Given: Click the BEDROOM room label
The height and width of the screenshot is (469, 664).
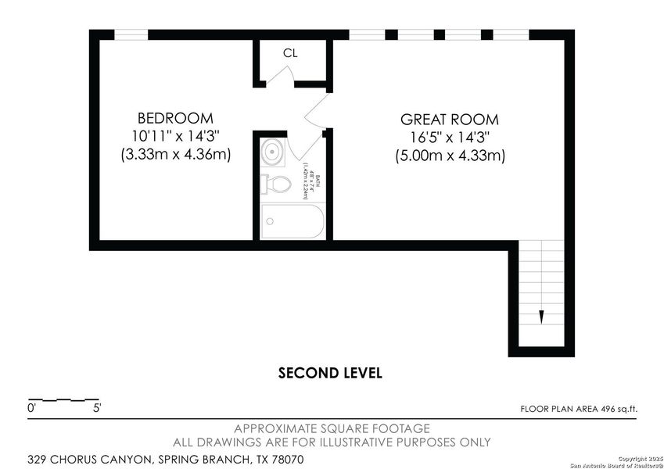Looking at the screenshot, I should click(175, 118).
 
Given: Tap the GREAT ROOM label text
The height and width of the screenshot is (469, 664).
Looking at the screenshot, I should click(449, 120).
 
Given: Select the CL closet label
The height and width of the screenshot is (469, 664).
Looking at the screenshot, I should click(290, 53).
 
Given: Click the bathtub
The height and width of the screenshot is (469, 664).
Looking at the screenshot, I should click(290, 221).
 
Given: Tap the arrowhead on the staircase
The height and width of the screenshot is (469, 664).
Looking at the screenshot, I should click(540, 317).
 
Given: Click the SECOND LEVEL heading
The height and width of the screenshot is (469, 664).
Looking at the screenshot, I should click(331, 373).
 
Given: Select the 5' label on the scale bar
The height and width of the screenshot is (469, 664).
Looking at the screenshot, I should click(96, 408).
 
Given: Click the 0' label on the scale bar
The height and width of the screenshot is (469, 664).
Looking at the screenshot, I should click(32, 408).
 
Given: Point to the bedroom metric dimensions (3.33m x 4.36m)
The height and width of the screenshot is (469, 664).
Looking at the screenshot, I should click(175, 154).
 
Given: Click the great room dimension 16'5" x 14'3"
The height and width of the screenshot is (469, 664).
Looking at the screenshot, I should click(449, 138).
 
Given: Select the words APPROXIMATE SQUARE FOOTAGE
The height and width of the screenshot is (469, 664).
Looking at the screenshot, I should click(332, 428).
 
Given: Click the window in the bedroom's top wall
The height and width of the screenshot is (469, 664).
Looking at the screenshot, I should click(131, 34).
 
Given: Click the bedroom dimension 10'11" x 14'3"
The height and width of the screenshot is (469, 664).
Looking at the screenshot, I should click(175, 136).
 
